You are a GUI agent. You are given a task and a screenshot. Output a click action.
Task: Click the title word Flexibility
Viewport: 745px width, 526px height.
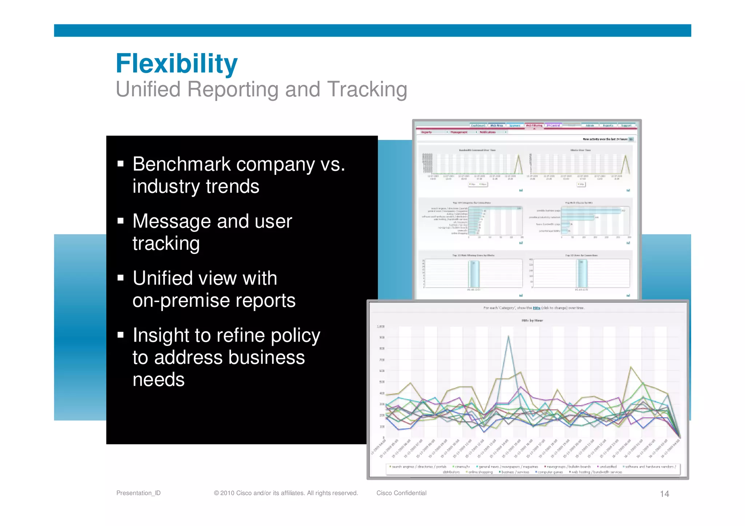click(176, 63)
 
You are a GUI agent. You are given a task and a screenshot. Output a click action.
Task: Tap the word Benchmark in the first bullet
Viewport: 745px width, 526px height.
click(182, 164)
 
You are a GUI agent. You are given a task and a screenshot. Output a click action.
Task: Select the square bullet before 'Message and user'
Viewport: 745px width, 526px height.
click(121, 221)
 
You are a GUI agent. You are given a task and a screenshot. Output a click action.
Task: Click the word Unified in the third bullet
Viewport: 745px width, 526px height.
click(162, 278)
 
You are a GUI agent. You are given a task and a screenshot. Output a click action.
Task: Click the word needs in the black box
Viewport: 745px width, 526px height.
click(158, 380)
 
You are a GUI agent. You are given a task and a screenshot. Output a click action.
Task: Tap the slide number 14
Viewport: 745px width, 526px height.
click(664, 494)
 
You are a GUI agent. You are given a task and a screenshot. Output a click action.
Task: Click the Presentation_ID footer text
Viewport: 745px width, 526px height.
click(138, 493)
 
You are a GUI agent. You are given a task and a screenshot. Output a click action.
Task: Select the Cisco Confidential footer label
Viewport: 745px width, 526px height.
click(401, 493)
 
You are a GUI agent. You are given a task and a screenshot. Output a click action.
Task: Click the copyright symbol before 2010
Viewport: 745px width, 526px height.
click(216, 493)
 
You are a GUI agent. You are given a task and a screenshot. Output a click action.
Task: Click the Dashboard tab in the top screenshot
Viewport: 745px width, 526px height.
click(478, 125)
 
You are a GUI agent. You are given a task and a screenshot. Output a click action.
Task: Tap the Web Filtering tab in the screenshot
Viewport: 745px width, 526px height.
click(534, 125)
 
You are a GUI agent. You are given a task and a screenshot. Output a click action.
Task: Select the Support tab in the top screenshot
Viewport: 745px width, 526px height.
click(626, 125)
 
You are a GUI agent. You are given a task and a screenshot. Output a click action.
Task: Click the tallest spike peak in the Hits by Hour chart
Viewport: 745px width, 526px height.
click(508, 336)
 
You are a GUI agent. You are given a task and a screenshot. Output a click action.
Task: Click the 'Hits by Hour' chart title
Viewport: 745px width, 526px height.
click(532, 320)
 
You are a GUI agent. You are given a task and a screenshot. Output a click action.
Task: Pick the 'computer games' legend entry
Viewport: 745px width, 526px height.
click(550, 472)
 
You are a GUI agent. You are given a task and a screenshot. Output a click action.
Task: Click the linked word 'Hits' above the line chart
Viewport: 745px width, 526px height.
click(536, 308)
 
